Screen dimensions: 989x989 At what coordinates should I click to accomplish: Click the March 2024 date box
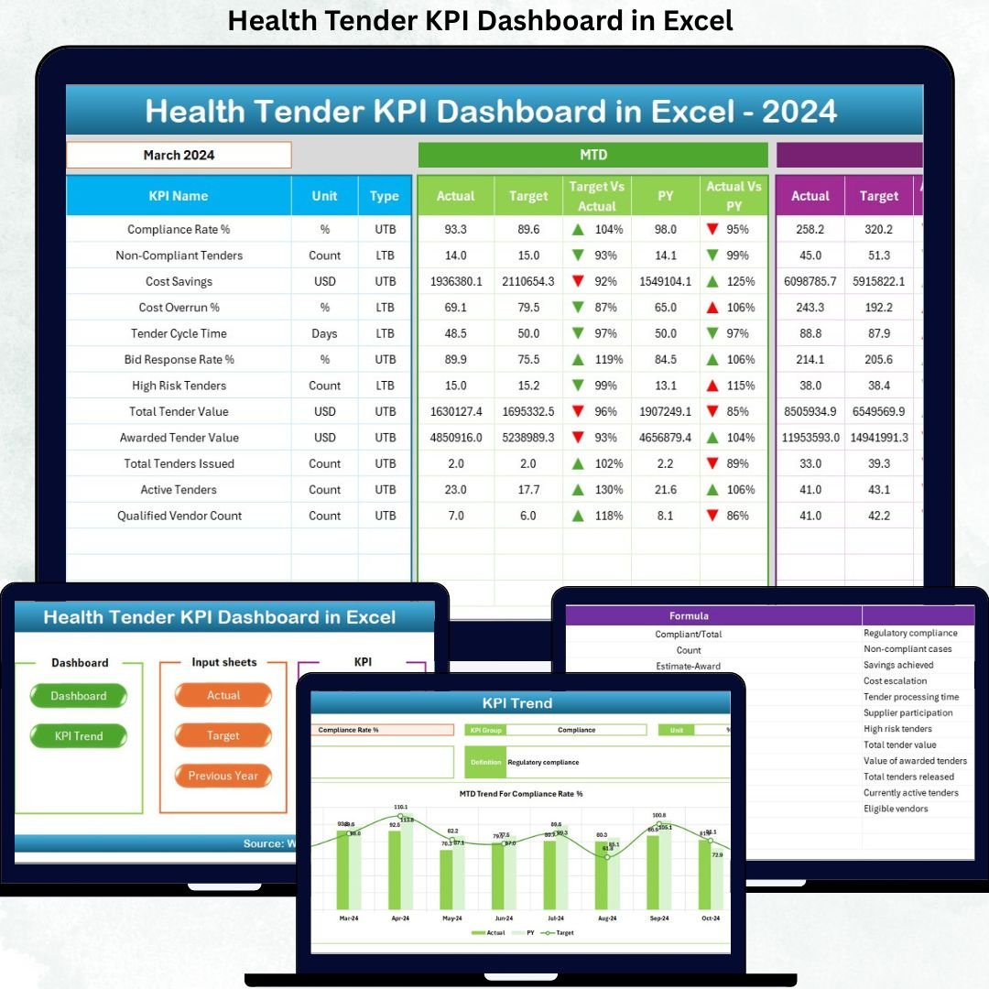click(x=179, y=155)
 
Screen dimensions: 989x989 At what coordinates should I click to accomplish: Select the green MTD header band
click(x=592, y=155)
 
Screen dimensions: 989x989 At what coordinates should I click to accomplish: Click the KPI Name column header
click(x=179, y=196)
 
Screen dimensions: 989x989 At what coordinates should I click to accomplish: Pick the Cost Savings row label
click(x=179, y=281)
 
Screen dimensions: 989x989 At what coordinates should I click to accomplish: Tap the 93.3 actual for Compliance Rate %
click(x=455, y=229)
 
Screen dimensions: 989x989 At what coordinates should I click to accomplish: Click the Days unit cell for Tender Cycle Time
click(x=324, y=333)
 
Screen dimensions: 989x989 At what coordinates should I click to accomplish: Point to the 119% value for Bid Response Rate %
click(x=606, y=359)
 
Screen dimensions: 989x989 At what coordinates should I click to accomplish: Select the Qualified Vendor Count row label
click(x=179, y=516)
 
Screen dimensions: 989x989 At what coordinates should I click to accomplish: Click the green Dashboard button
click(x=79, y=696)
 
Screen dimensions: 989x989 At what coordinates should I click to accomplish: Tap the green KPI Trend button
click(x=79, y=736)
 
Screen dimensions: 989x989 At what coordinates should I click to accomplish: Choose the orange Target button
click(x=223, y=735)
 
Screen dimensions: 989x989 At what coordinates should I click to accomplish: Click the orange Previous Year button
click(x=223, y=776)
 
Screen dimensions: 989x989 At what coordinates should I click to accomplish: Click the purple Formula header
click(x=689, y=615)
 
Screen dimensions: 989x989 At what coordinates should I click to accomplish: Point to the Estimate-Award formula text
click(x=689, y=666)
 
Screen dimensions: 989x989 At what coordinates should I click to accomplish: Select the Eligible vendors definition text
click(x=896, y=809)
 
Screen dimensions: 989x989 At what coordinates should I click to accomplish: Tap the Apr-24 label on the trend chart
click(x=400, y=918)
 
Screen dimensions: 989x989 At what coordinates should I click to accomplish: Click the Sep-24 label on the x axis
click(x=659, y=918)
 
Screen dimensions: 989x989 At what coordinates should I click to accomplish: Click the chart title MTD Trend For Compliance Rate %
click(x=521, y=794)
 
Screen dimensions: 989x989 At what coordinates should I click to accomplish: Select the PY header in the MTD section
click(x=666, y=196)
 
